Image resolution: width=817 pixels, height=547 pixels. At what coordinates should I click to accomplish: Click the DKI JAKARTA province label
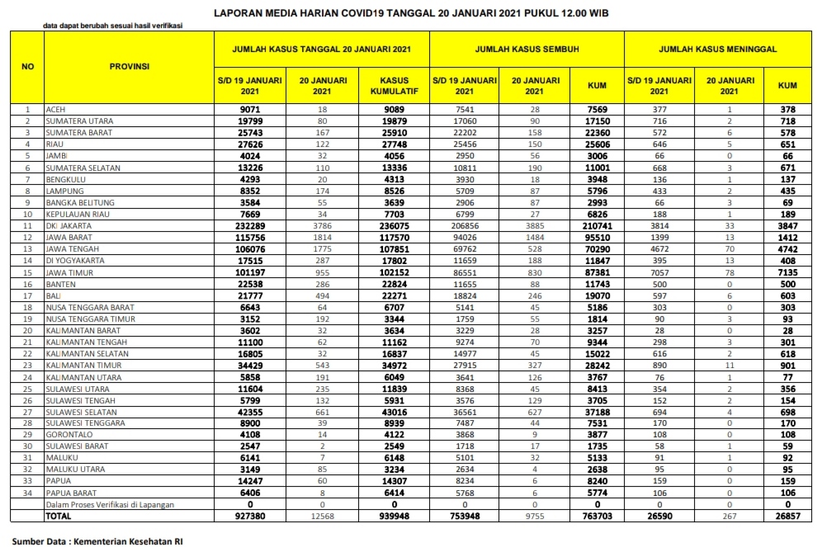(69, 225)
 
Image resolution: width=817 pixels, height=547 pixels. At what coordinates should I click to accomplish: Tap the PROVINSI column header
(129, 66)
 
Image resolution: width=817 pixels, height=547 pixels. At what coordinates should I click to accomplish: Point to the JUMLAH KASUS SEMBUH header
(527, 50)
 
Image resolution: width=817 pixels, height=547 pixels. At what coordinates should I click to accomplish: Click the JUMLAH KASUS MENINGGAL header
(717, 50)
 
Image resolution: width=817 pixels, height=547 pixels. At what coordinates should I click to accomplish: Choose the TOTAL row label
(59, 516)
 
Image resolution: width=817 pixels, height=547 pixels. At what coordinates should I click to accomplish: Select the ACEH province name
(56, 109)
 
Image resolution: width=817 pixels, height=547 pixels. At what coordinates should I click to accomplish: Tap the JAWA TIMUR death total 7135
(786, 272)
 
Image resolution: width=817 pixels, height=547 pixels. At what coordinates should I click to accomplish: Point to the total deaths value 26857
(786, 516)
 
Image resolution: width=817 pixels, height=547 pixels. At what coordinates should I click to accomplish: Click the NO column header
(27, 66)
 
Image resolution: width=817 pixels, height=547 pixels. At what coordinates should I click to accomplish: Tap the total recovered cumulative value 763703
(596, 516)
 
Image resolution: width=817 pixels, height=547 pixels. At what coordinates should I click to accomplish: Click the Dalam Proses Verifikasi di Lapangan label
(116, 504)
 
